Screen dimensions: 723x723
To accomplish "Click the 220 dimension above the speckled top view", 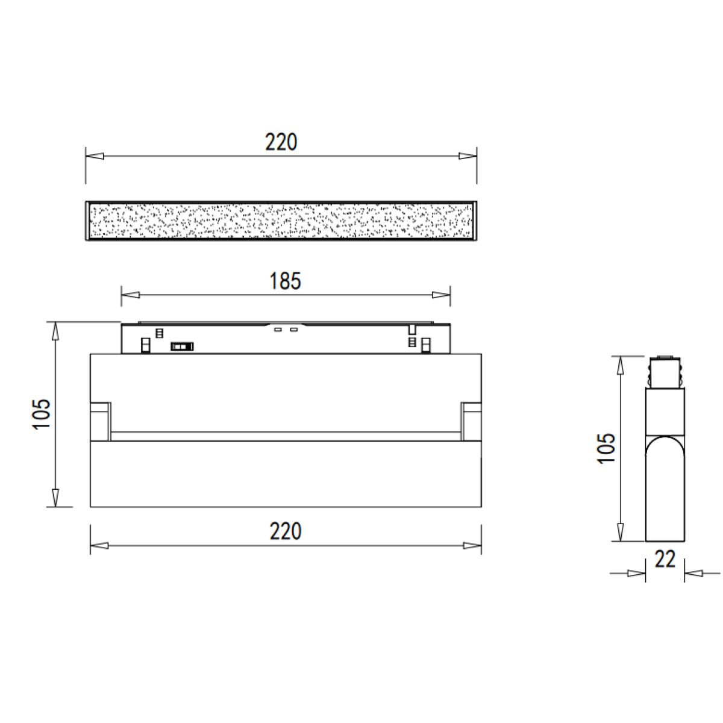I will (281, 142).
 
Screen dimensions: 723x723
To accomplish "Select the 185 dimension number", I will (285, 281).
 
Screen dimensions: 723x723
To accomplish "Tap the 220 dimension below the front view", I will (285, 531).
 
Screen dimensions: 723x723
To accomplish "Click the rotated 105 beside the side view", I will (607, 448).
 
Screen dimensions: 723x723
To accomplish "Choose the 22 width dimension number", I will (665, 560).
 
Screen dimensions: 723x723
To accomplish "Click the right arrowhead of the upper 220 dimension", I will (468, 156).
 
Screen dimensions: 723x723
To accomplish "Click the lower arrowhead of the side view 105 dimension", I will (619, 532).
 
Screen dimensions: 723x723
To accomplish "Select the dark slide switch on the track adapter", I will (182, 346).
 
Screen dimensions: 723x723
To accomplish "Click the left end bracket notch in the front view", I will (101, 420).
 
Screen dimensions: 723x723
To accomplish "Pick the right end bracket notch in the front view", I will (471, 420).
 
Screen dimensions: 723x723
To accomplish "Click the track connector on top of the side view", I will (665, 372).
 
